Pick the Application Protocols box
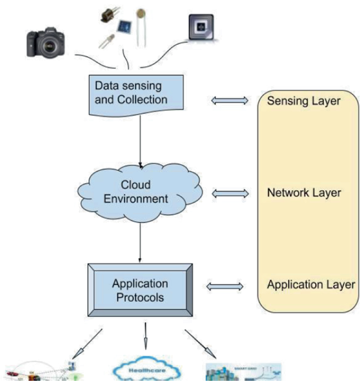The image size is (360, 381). coord(140,291)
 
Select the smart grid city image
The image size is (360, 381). coord(242,370)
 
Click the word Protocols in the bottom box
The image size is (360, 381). coord(140,297)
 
